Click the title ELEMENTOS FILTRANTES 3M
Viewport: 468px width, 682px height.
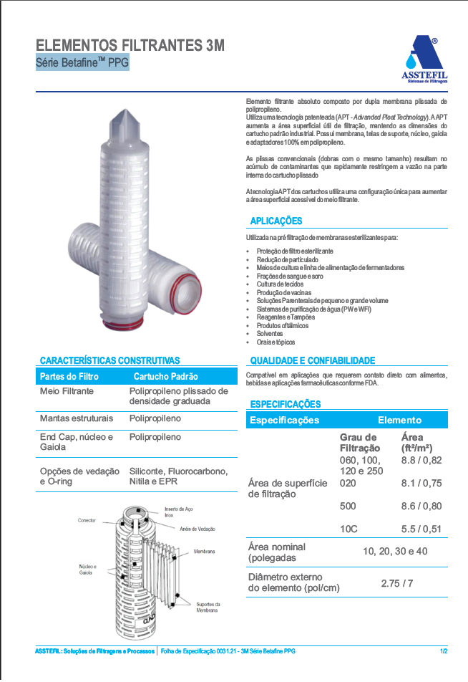click(x=130, y=46)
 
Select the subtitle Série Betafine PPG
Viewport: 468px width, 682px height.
click(x=82, y=63)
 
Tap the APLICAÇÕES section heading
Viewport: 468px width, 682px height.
click(x=276, y=221)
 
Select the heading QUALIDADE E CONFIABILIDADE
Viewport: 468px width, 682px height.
click(x=312, y=360)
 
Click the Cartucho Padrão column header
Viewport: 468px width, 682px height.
click(x=165, y=376)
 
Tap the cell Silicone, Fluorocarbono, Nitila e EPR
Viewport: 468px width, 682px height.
click(x=178, y=476)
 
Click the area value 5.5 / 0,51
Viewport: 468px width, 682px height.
click(x=421, y=529)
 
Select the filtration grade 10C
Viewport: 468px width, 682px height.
click(x=348, y=529)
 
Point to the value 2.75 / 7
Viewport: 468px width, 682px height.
click(x=397, y=583)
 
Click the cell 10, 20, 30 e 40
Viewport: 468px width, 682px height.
click(x=395, y=552)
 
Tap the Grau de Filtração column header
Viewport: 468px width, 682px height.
click(x=359, y=443)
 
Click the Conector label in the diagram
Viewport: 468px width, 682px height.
click(x=87, y=520)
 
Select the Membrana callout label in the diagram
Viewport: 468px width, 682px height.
click(x=204, y=552)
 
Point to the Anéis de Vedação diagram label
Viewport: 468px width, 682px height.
click(x=198, y=529)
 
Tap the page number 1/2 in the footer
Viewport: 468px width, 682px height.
click(x=444, y=651)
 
